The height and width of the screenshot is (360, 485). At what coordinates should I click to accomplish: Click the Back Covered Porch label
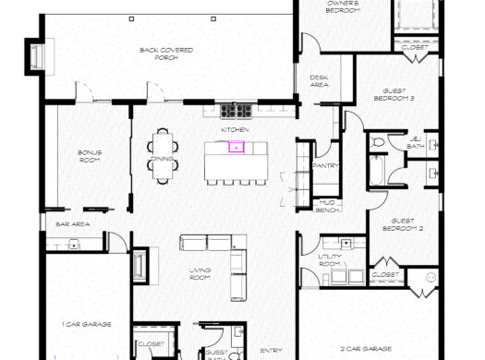tap(159, 54)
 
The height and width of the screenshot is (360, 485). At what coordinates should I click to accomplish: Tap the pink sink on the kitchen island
tap(236, 146)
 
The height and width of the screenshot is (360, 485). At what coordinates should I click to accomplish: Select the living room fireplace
tap(139, 265)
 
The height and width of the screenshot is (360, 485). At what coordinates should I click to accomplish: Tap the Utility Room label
tap(330, 260)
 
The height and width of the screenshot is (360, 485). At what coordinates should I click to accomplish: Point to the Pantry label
tap(326, 166)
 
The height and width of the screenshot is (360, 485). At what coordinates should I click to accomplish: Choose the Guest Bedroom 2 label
tap(407, 224)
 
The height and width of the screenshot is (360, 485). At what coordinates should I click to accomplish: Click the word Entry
tap(271, 350)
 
